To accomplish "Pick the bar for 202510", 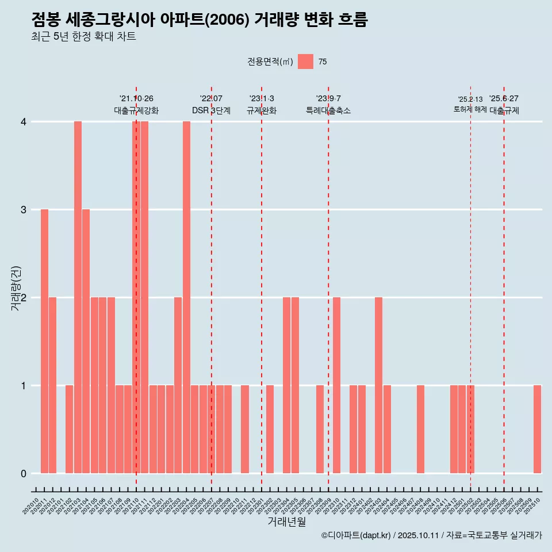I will pyautogui.click(x=537, y=429).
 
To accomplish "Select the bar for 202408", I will pyautogui.click(x=420, y=429).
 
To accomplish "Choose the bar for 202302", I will pyautogui.click(x=270, y=429).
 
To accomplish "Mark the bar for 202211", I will pyautogui.click(x=245, y=429).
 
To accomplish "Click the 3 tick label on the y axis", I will pyautogui.click(x=24, y=210).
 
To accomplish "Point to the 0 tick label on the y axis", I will pyautogui.click(x=24, y=474).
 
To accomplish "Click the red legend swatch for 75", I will pyautogui.click(x=305, y=62).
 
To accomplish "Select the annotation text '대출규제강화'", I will pyautogui.click(x=136, y=110).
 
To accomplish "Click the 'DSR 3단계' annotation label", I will pyautogui.click(x=211, y=110).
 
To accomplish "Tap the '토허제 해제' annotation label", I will pyautogui.click(x=470, y=109).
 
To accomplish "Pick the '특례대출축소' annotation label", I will pyautogui.click(x=328, y=110).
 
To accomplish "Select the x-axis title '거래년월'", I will pyautogui.click(x=286, y=522).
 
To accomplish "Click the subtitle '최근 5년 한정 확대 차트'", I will pyautogui.click(x=83, y=37).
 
